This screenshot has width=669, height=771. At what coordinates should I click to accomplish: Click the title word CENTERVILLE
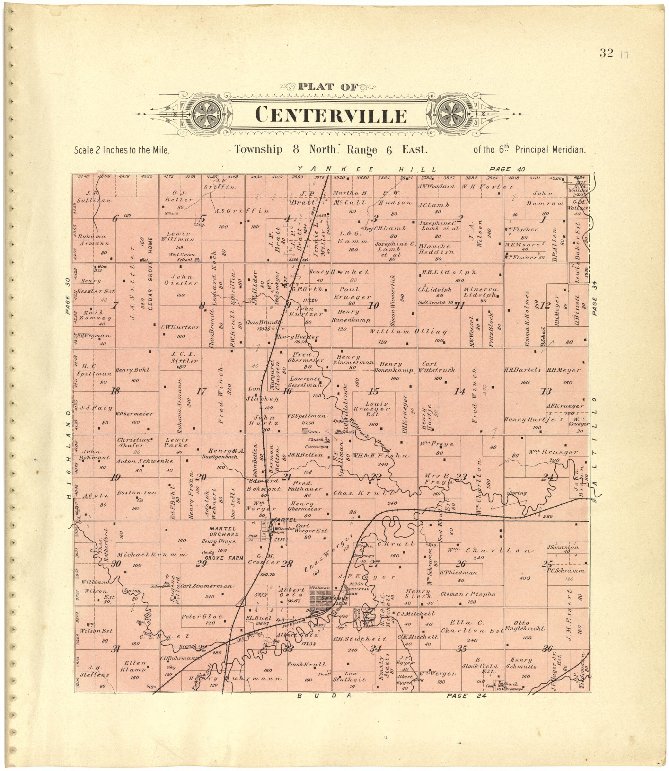point(331,115)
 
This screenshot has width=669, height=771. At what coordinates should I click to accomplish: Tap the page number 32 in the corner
point(606,53)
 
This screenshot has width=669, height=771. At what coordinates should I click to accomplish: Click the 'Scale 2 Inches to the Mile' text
point(122,150)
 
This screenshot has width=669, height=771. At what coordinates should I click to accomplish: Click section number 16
point(287,391)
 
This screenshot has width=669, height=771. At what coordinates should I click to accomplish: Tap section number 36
point(547,649)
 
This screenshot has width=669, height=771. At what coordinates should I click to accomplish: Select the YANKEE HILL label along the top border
point(367,169)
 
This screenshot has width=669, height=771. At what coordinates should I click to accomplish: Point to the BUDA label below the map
point(324,696)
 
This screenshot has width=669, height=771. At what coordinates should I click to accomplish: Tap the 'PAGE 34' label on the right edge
point(595,301)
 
